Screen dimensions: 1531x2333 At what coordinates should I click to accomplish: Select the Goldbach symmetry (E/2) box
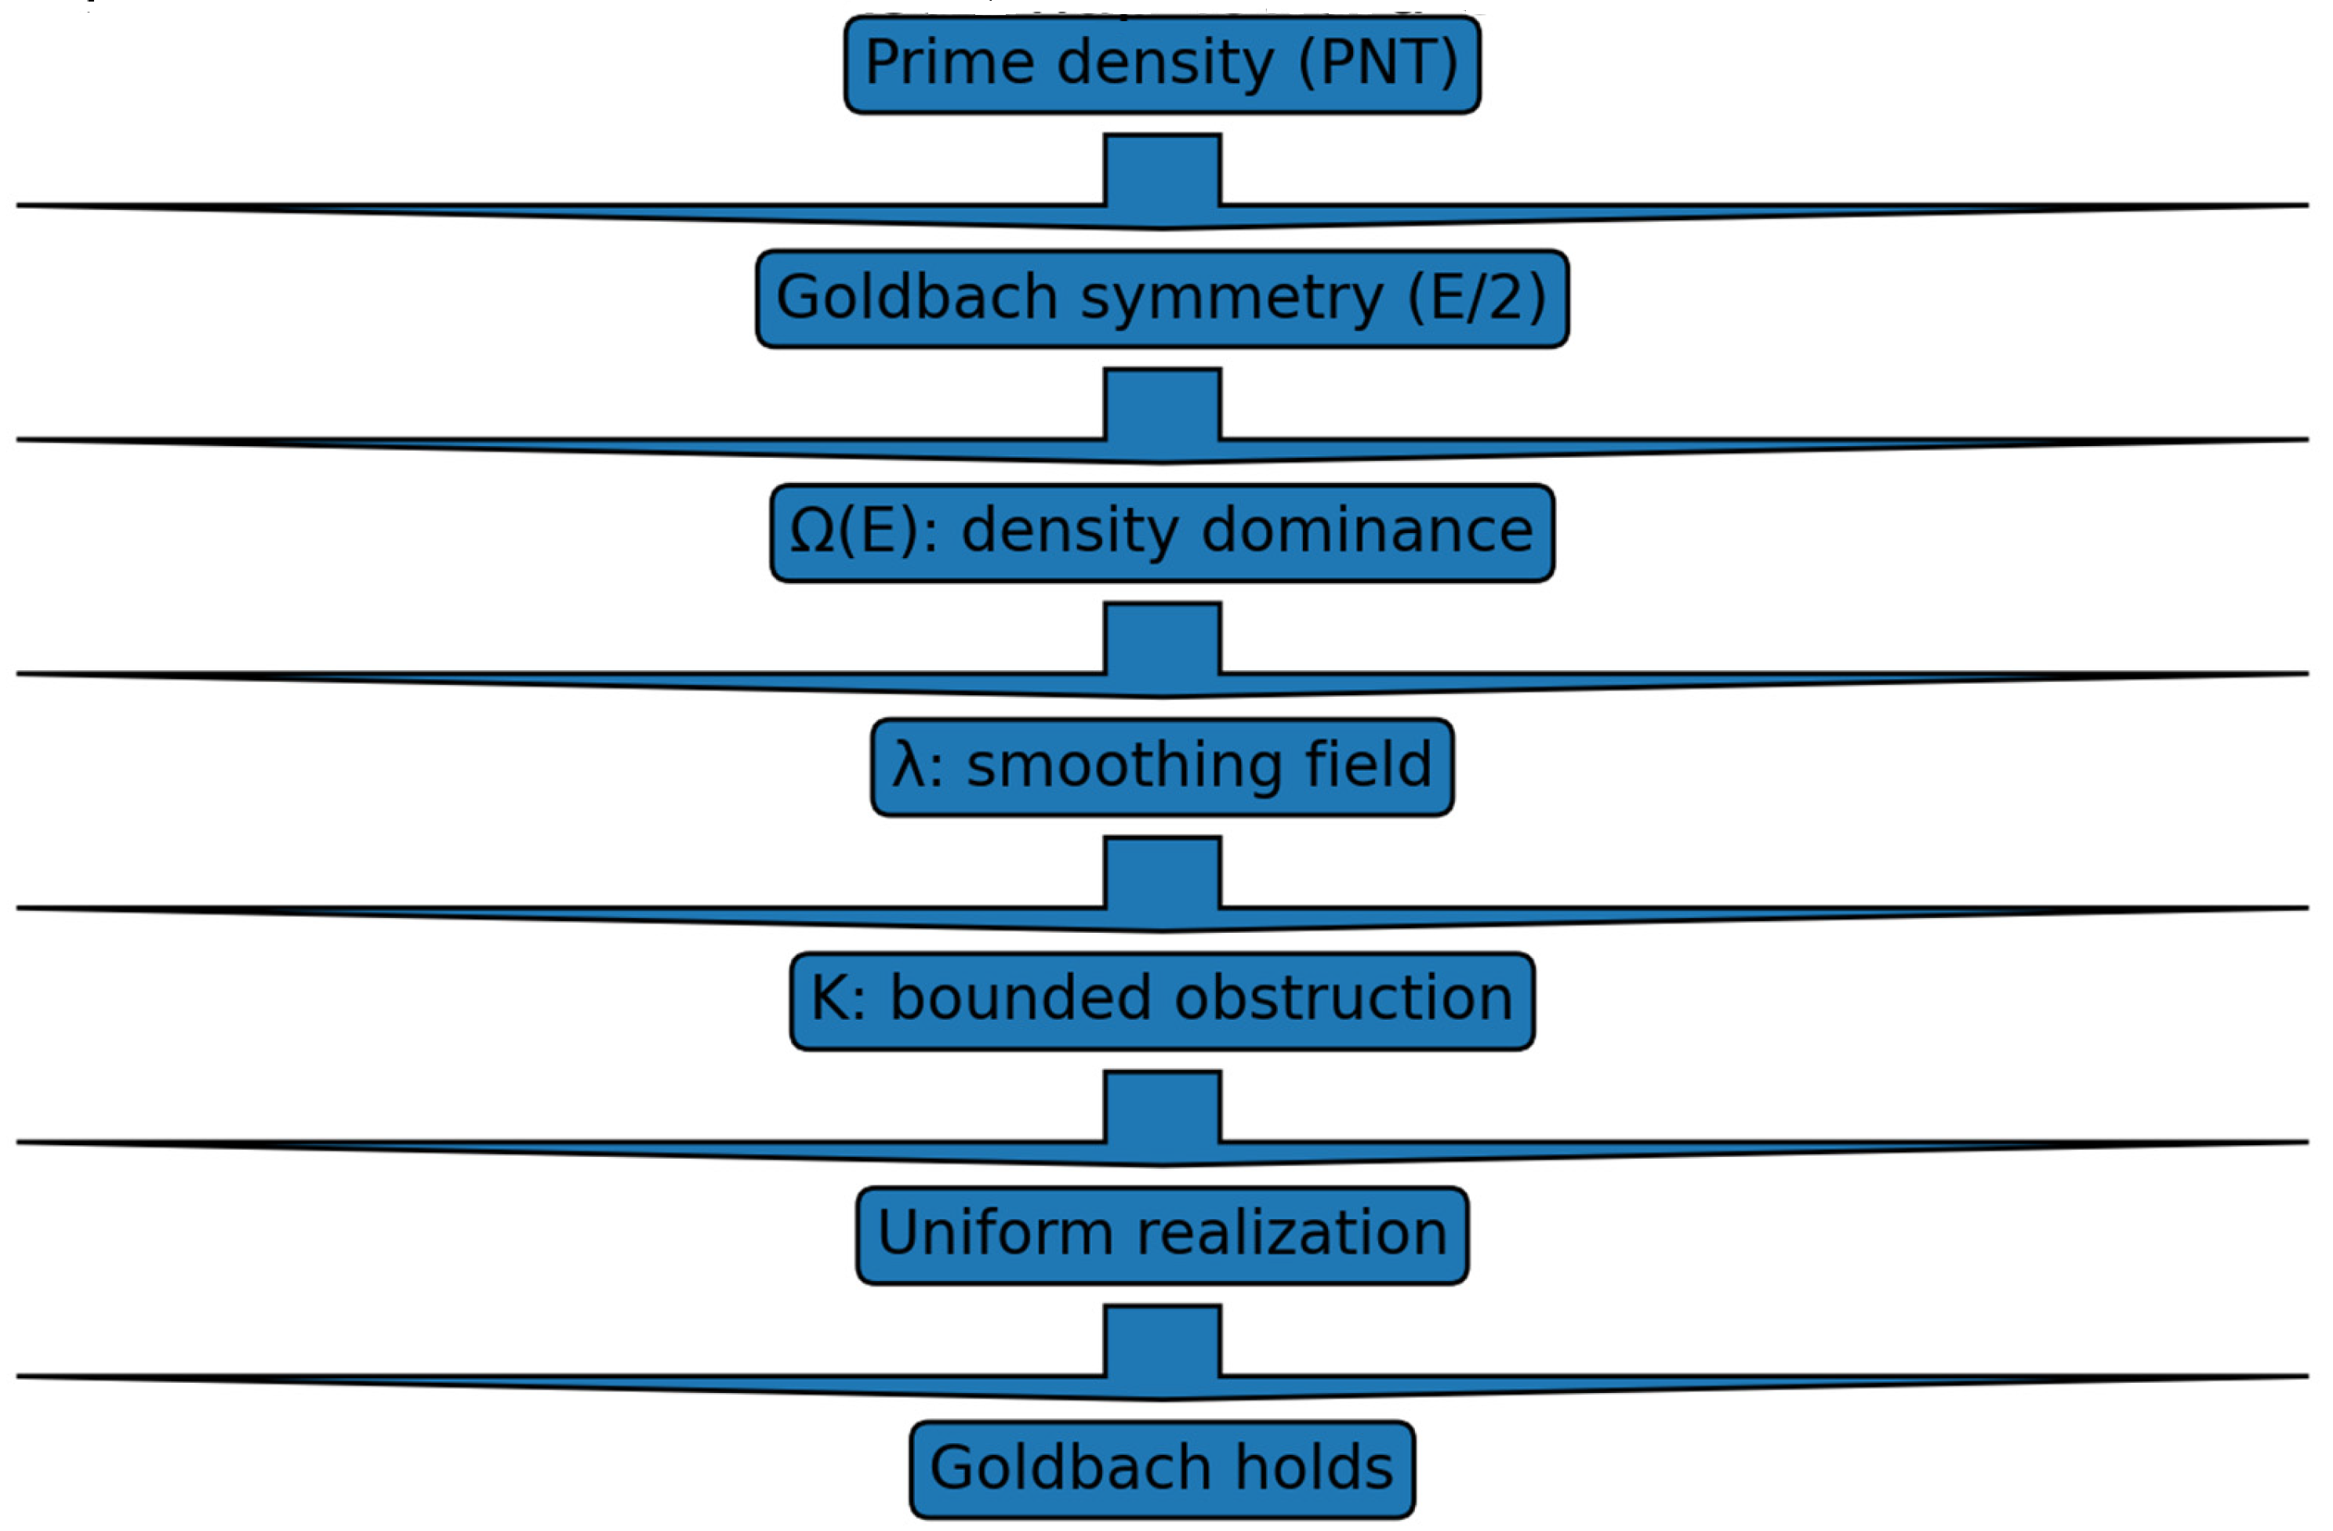pyautogui.click(x=1162, y=299)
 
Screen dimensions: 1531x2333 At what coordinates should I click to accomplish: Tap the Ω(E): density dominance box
pyautogui.click(x=1162, y=533)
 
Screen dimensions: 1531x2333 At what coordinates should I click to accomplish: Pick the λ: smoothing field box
pyautogui.click(x=1162, y=767)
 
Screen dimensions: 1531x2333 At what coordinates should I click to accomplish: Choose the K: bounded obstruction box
pyautogui.click(x=1162, y=1002)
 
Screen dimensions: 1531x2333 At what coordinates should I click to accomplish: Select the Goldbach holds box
pyautogui.click(x=1162, y=1470)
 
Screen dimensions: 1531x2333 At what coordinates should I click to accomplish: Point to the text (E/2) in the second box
pyautogui.click(x=1476, y=299)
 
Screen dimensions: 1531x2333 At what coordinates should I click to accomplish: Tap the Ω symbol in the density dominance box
pyautogui.click(x=811, y=533)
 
